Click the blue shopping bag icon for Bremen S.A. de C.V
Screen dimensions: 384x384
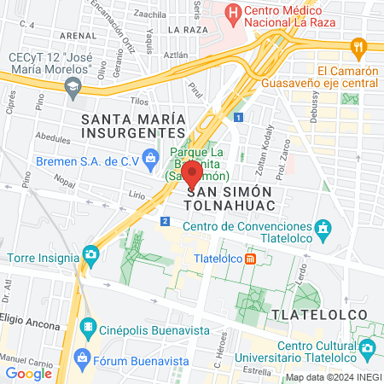click(150, 157)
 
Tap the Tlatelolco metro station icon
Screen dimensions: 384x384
click(249, 259)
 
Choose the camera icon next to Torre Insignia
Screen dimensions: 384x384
click(90, 254)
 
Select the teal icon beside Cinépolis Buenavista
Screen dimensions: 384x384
click(87, 328)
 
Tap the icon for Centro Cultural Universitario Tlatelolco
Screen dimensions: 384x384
click(368, 348)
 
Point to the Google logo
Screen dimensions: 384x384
click(29, 373)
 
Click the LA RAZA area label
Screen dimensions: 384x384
click(188, 29)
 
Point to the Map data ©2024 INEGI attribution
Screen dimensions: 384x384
click(332, 377)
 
